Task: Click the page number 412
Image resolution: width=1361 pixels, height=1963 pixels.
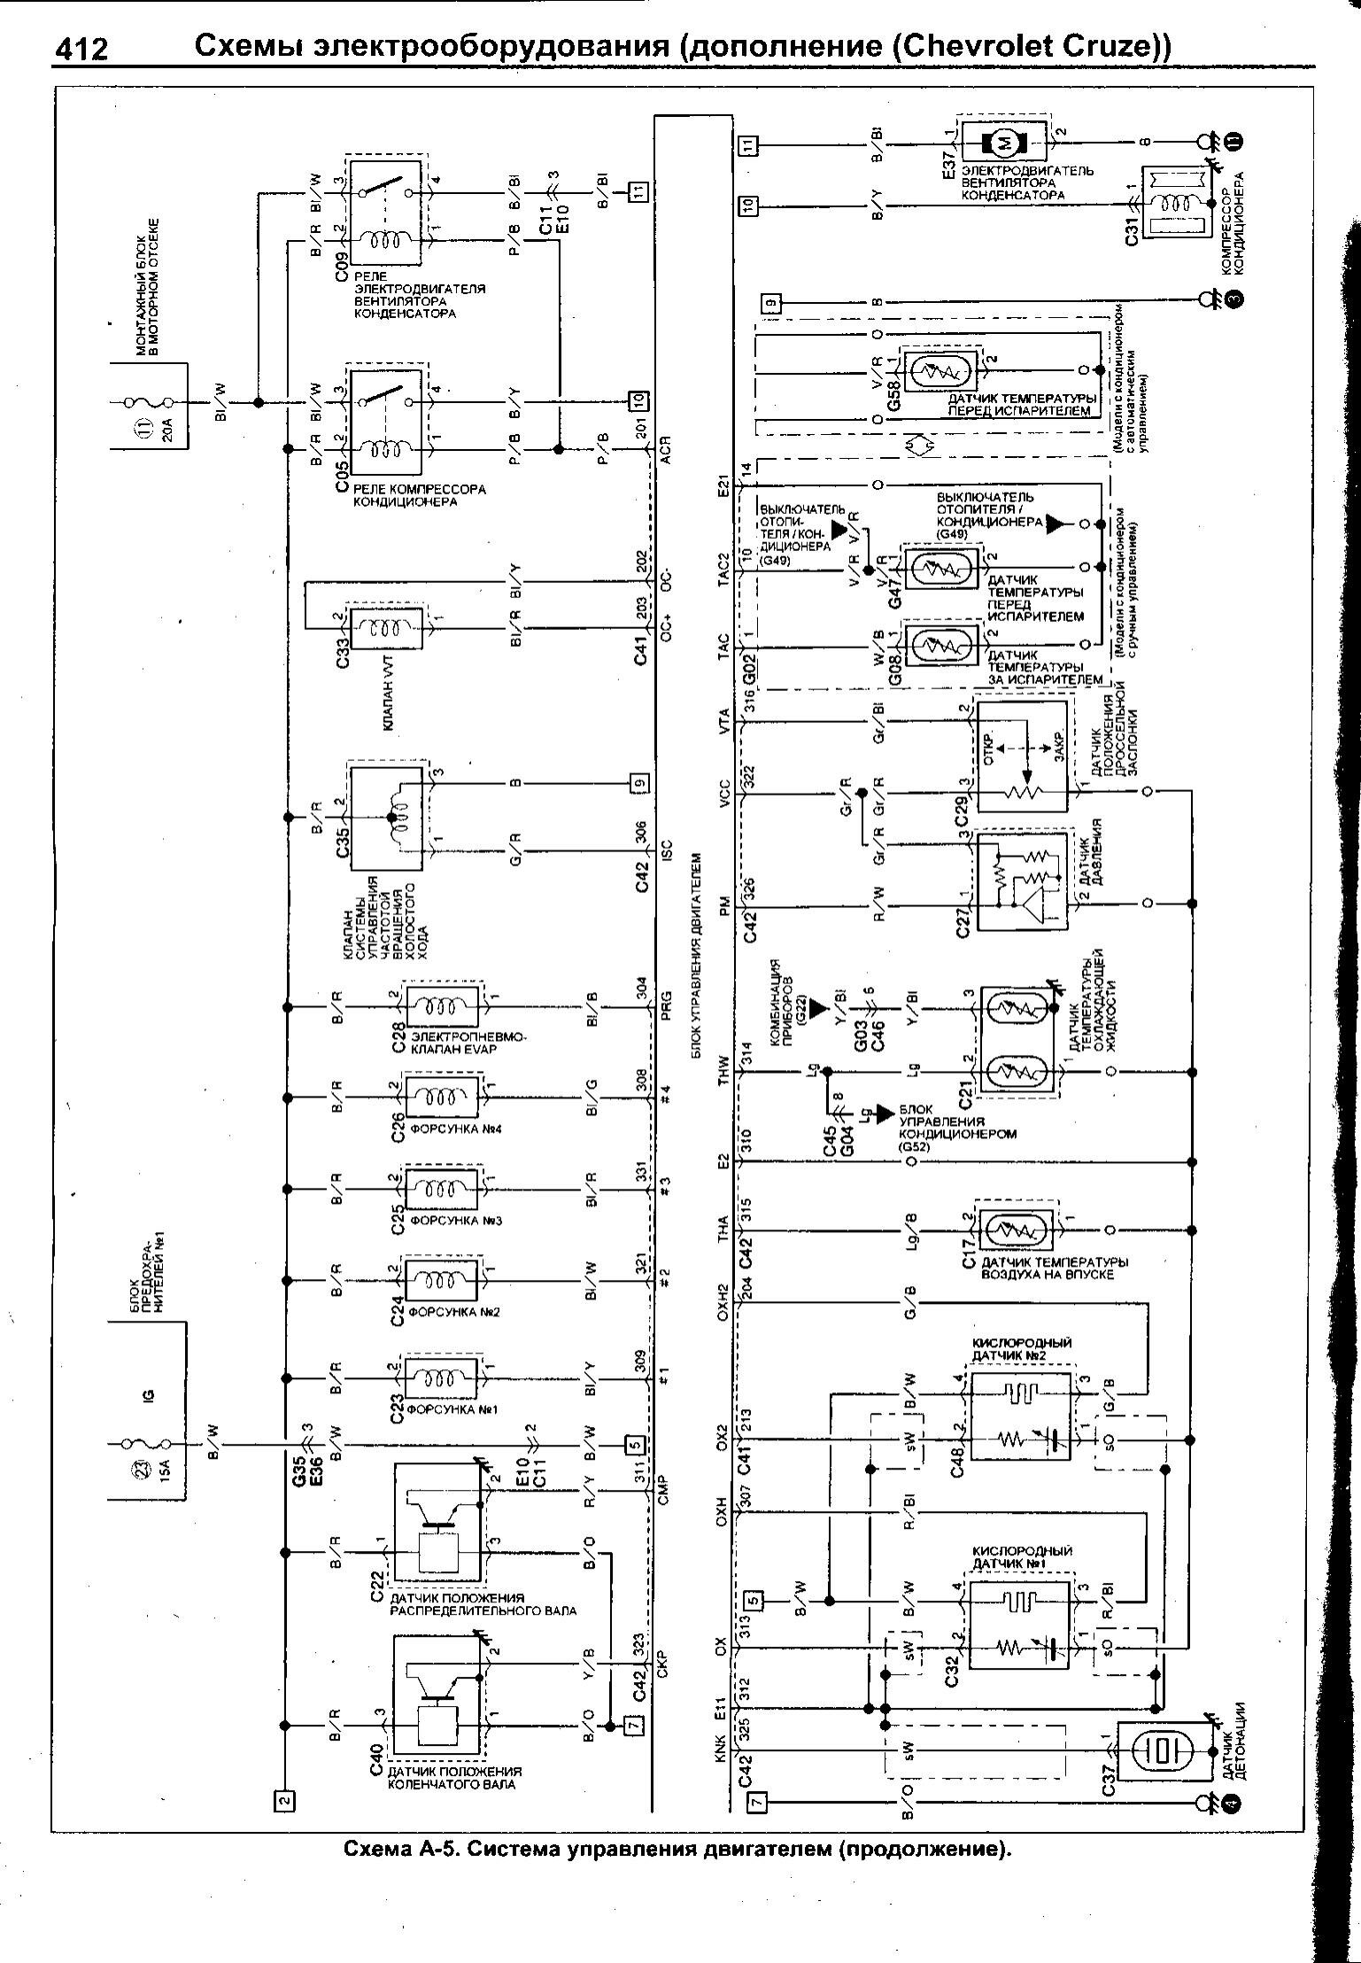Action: [x=81, y=50]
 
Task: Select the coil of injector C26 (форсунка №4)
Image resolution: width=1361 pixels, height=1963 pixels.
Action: [x=440, y=1098]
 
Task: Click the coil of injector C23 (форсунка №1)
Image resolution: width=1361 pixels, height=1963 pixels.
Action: [x=440, y=1378]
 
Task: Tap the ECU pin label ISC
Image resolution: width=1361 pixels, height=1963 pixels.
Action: [x=666, y=850]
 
